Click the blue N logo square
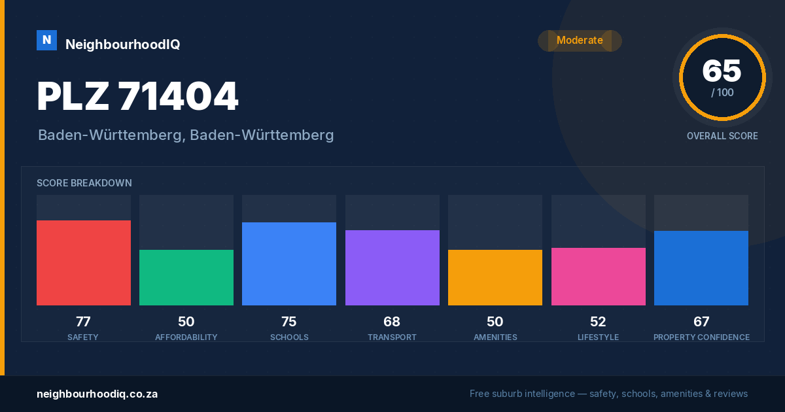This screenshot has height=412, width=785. (46, 40)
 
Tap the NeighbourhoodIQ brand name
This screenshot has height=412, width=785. (123, 44)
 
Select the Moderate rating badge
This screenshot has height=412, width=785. (580, 41)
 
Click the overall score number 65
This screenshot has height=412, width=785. (722, 71)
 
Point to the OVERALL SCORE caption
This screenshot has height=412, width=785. (722, 136)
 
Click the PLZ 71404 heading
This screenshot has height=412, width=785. (138, 96)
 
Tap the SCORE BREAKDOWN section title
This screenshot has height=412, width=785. (84, 183)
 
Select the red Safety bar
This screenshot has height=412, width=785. (84, 263)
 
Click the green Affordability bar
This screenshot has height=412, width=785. (186, 277)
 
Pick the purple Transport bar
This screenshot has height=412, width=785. (392, 267)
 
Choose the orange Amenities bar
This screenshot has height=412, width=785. (495, 277)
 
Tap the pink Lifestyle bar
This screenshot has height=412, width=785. (599, 277)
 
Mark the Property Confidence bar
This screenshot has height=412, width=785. (701, 268)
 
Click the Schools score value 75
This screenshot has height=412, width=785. (289, 322)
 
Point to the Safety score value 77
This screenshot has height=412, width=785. (84, 322)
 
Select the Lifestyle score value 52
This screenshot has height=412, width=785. (598, 322)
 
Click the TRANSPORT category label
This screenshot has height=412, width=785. (392, 337)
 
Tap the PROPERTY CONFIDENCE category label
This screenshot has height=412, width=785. (701, 337)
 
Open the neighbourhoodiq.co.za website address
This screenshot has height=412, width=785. (97, 394)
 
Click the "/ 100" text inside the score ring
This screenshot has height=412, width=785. (722, 92)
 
